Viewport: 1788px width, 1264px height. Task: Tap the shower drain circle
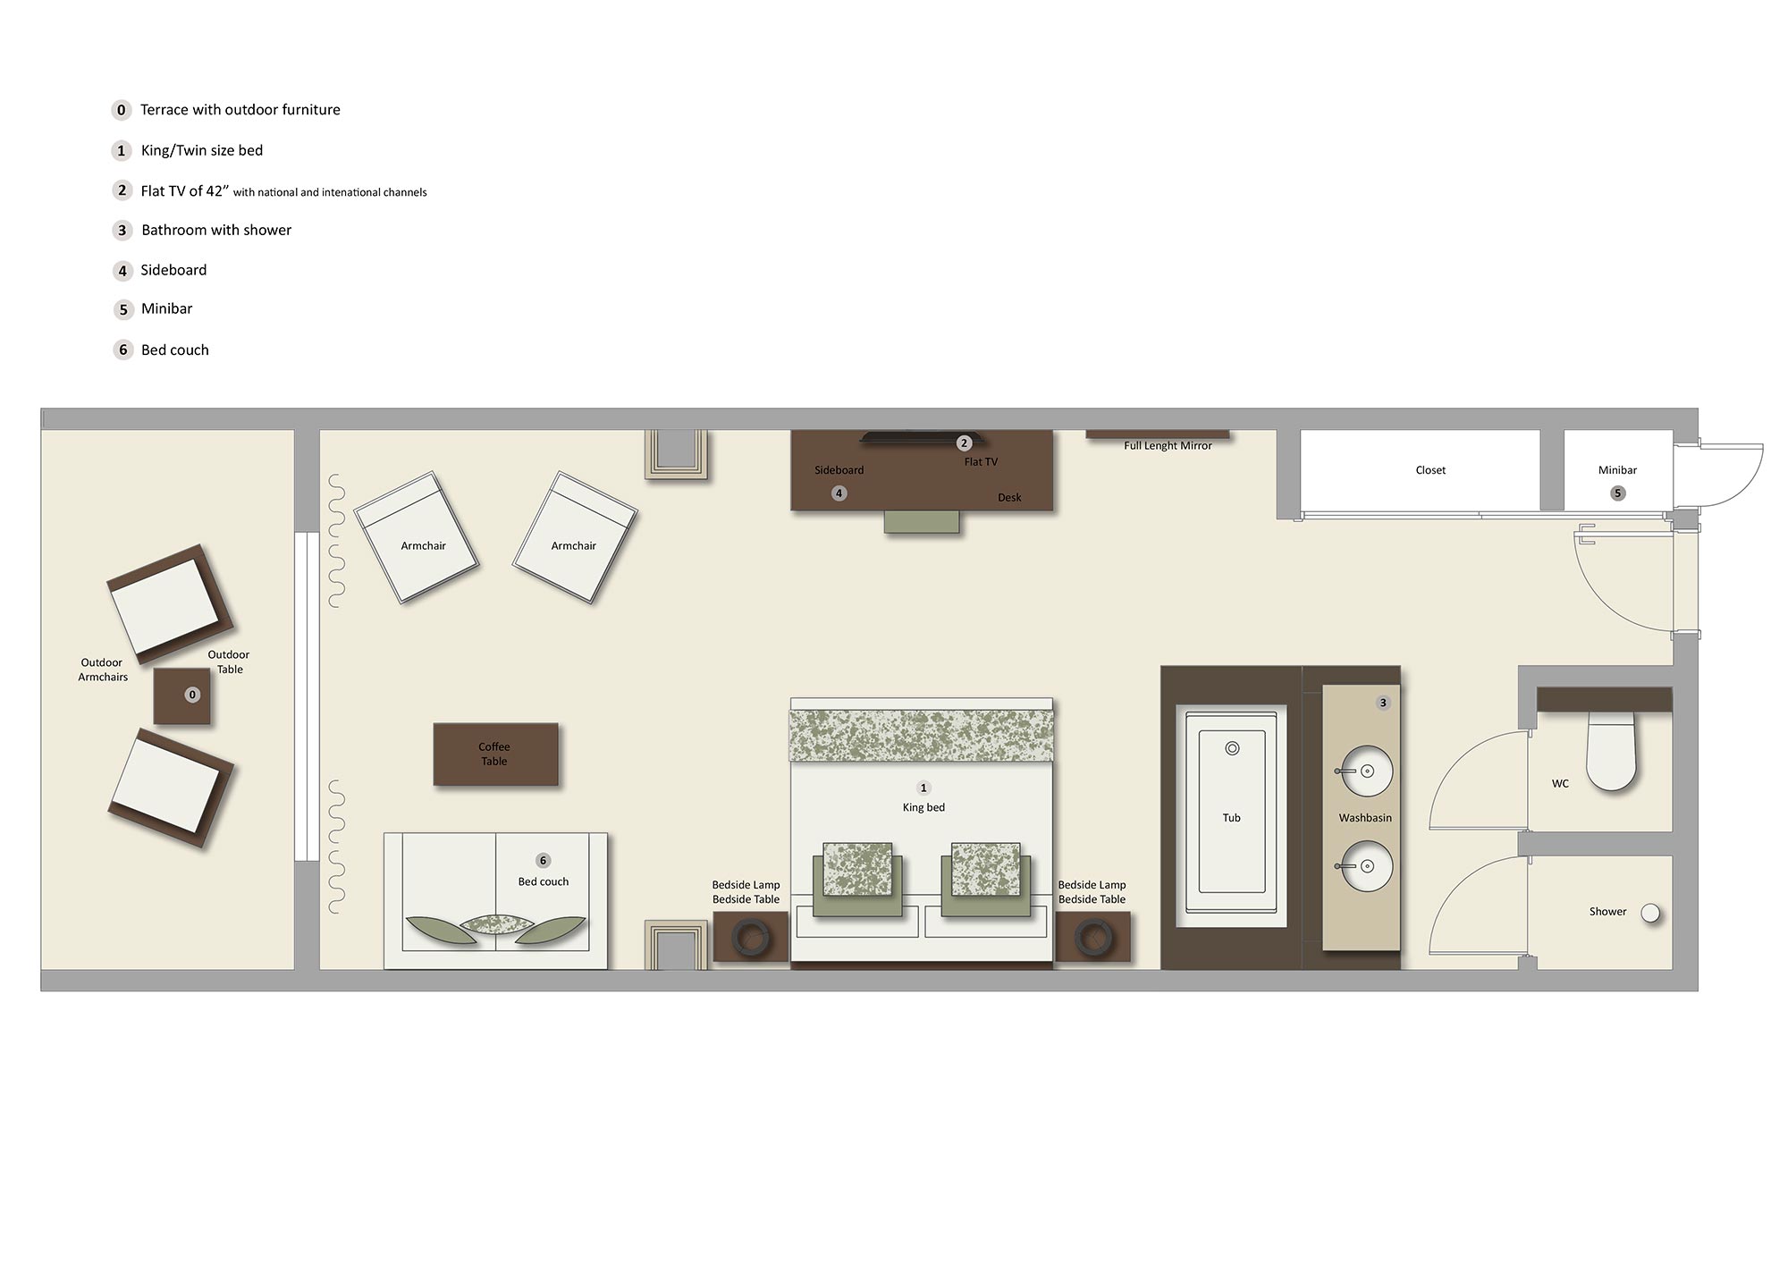coord(1650,913)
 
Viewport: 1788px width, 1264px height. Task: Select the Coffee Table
coord(495,754)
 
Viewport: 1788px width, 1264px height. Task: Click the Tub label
coord(1231,818)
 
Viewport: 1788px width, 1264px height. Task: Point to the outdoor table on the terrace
coord(182,695)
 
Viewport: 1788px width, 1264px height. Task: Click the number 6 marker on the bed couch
coord(543,861)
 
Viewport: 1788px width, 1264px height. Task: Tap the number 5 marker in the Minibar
coord(1617,493)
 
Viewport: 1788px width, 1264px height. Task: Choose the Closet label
coord(1430,470)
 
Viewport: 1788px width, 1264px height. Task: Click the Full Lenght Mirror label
coord(1168,445)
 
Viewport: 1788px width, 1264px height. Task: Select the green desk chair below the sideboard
coord(922,521)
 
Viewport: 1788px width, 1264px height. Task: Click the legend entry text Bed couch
coord(175,350)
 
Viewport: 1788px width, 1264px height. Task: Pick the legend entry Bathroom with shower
coord(216,231)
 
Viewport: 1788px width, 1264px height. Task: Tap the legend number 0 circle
coord(122,110)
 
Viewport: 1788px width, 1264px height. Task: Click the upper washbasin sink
coord(1365,771)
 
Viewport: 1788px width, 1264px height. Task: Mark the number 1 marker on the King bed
coord(924,788)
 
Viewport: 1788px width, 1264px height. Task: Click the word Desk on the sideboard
coord(1009,498)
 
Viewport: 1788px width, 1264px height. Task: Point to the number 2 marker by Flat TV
coord(964,443)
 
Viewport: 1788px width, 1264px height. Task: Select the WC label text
coord(1560,784)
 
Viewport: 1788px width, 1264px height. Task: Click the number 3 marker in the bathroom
coord(1383,703)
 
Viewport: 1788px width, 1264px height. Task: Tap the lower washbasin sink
coord(1365,866)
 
